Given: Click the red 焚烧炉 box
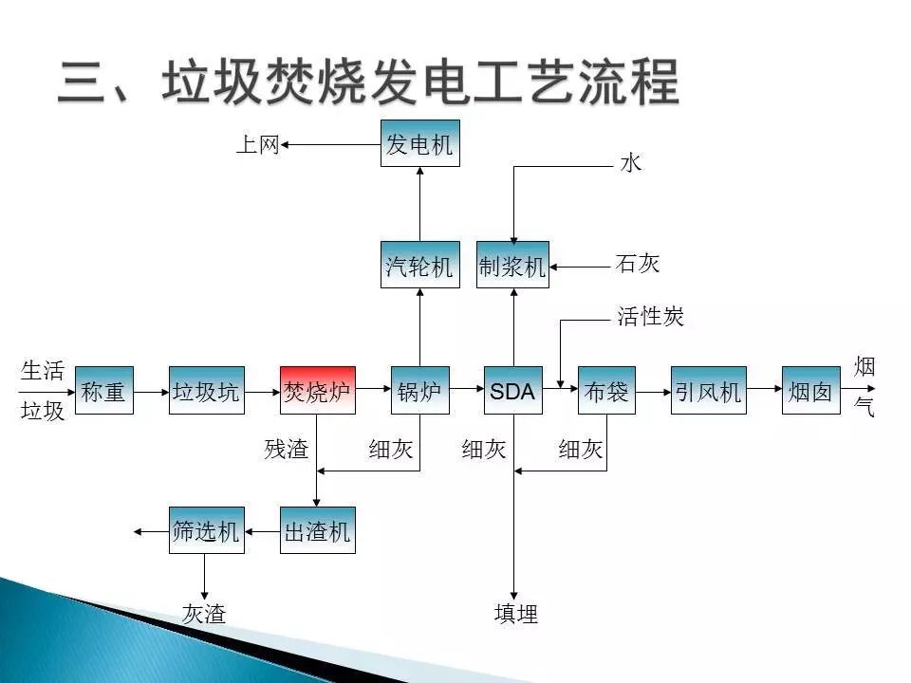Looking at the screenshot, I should [x=318, y=390].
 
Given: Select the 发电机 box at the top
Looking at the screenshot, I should [x=419, y=144].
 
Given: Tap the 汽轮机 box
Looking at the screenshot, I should [x=419, y=265].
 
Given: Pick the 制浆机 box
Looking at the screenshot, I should [x=512, y=265].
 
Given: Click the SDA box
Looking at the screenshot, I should [x=512, y=390].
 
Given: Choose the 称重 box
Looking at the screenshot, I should [x=103, y=390].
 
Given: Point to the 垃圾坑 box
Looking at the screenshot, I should [x=206, y=390].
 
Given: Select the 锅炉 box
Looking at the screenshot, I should [x=419, y=390].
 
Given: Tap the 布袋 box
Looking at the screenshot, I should [x=605, y=390].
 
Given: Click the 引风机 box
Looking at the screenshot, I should [x=708, y=390].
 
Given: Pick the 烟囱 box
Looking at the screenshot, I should [x=810, y=390].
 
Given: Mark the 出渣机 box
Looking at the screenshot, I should [x=318, y=531].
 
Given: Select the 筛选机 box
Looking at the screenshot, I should [x=206, y=531].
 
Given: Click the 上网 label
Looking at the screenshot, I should [x=257, y=145].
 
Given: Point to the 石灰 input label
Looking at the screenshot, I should [x=638, y=264].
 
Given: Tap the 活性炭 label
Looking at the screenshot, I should [x=651, y=317].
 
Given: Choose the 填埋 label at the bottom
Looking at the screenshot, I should [x=516, y=615].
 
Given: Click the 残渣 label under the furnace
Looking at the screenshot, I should [x=287, y=450].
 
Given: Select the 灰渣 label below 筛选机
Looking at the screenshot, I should [x=204, y=614].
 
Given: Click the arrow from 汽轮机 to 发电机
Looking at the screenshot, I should [x=419, y=204].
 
